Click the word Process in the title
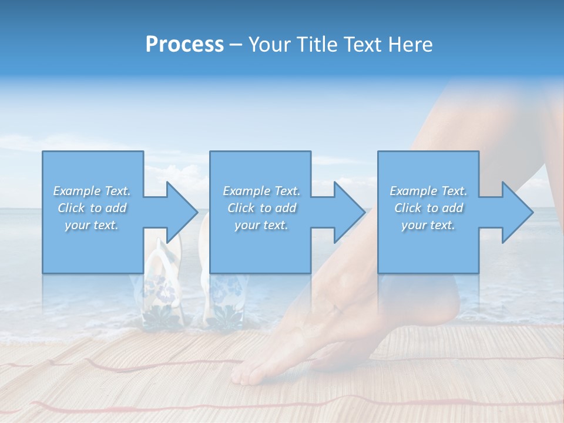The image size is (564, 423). (x=184, y=45)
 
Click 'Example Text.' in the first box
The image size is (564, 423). (x=92, y=190)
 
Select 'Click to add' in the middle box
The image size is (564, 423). (x=261, y=207)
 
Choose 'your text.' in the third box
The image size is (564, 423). (x=428, y=224)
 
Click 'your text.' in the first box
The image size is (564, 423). (x=92, y=224)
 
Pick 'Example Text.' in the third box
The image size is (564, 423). (x=428, y=190)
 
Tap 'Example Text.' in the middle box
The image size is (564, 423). (x=261, y=190)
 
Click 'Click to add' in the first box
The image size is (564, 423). (x=92, y=207)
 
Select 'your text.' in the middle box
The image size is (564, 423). (x=261, y=224)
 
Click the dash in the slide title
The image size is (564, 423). (x=236, y=45)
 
